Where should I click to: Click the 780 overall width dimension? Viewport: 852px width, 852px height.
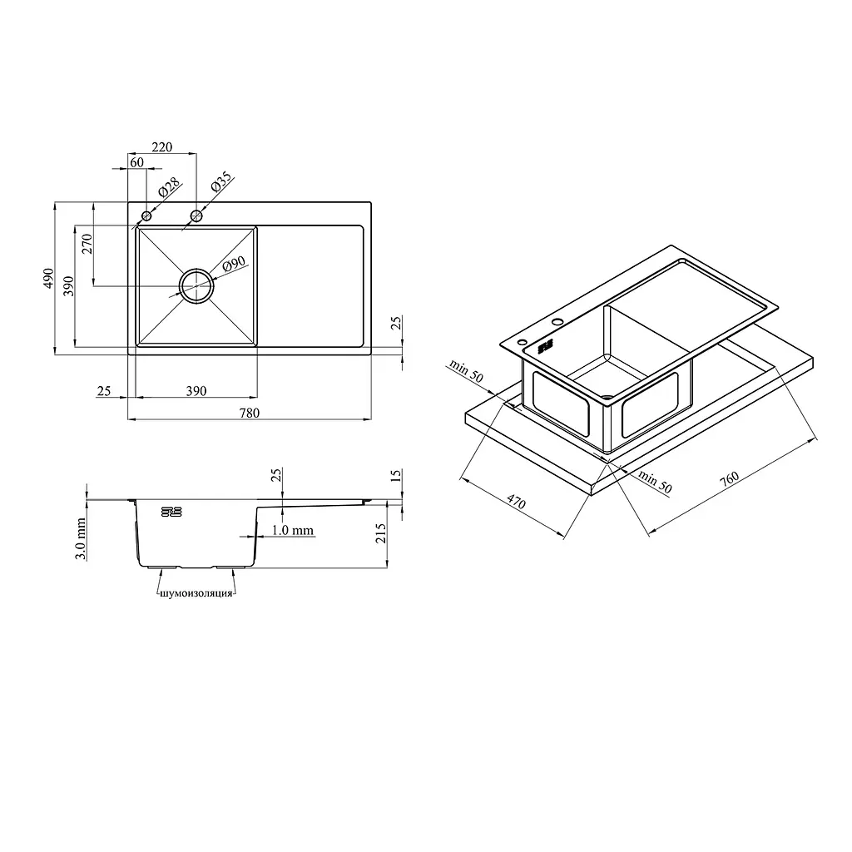tap(250, 413)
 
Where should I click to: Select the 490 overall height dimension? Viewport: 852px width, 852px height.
tap(49, 278)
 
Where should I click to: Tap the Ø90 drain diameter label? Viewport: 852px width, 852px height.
tap(234, 264)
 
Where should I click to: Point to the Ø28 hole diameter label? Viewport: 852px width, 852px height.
tap(169, 187)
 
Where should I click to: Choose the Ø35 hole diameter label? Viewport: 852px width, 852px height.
tap(221, 181)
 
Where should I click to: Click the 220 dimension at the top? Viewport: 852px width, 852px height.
tap(162, 147)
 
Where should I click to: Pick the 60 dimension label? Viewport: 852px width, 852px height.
tap(137, 162)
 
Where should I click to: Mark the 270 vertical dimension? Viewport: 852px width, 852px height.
tap(87, 244)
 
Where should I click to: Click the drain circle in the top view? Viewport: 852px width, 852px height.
tap(196, 285)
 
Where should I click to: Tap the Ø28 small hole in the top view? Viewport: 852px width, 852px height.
tap(146, 216)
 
